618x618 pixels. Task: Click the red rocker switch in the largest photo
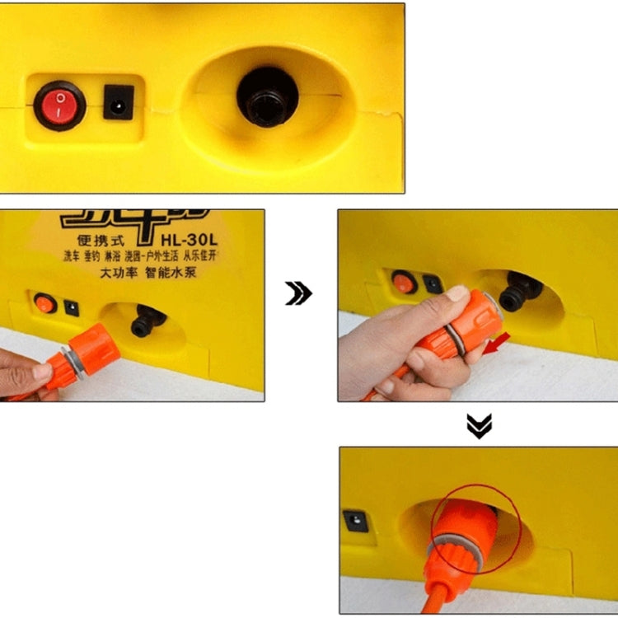coord(59,105)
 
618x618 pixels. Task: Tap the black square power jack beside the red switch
coord(119,102)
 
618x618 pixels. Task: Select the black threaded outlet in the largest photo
coord(267,96)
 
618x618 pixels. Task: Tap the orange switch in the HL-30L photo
coord(45,303)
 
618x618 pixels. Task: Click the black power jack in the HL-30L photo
coord(72,307)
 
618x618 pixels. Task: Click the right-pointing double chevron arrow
coord(298,293)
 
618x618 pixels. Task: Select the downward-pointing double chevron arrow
coord(479,425)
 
